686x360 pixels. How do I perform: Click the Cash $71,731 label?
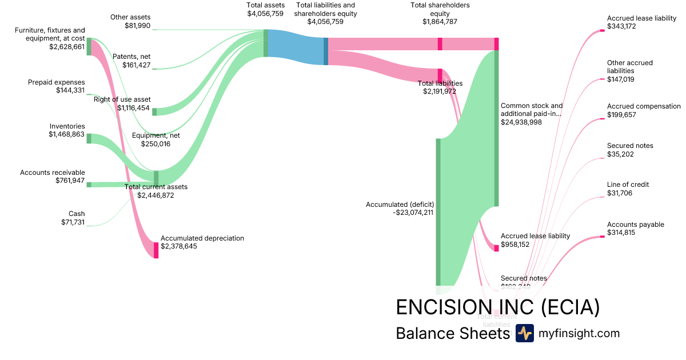pyautogui.click(x=73, y=218)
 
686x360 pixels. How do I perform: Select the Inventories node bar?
pyautogui.click(x=89, y=138)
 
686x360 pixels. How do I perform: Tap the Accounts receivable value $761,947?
pyautogui.click(x=70, y=181)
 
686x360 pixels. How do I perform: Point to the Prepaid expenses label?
pyautogui.click(x=56, y=82)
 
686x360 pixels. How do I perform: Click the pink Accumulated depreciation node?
pyautogui.click(x=155, y=250)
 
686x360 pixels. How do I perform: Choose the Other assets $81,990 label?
pyautogui.click(x=130, y=21)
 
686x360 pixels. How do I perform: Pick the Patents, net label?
pyautogui.click(x=131, y=56)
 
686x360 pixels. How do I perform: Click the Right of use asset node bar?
pyautogui.click(x=154, y=111)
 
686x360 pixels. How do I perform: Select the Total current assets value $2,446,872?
pyautogui.click(x=155, y=195)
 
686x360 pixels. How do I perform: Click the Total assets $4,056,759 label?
pyautogui.click(x=265, y=9)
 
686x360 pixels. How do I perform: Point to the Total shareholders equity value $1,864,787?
pyautogui.click(x=440, y=22)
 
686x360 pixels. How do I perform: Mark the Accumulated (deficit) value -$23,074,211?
pyautogui.click(x=413, y=213)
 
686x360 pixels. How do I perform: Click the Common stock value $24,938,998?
pyautogui.click(x=529, y=122)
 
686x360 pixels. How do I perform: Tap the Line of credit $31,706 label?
pyautogui.click(x=628, y=189)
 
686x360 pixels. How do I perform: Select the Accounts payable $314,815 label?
pyautogui.click(x=635, y=229)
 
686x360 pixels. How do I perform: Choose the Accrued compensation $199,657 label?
pyautogui.click(x=644, y=110)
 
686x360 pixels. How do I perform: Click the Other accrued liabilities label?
pyautogui.click(x=629, y=66)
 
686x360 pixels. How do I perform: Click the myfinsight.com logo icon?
pyautogui.click(x=524, y=333)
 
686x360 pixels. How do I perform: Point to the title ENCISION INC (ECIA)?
pyautogui.click(x=497, y=307)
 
